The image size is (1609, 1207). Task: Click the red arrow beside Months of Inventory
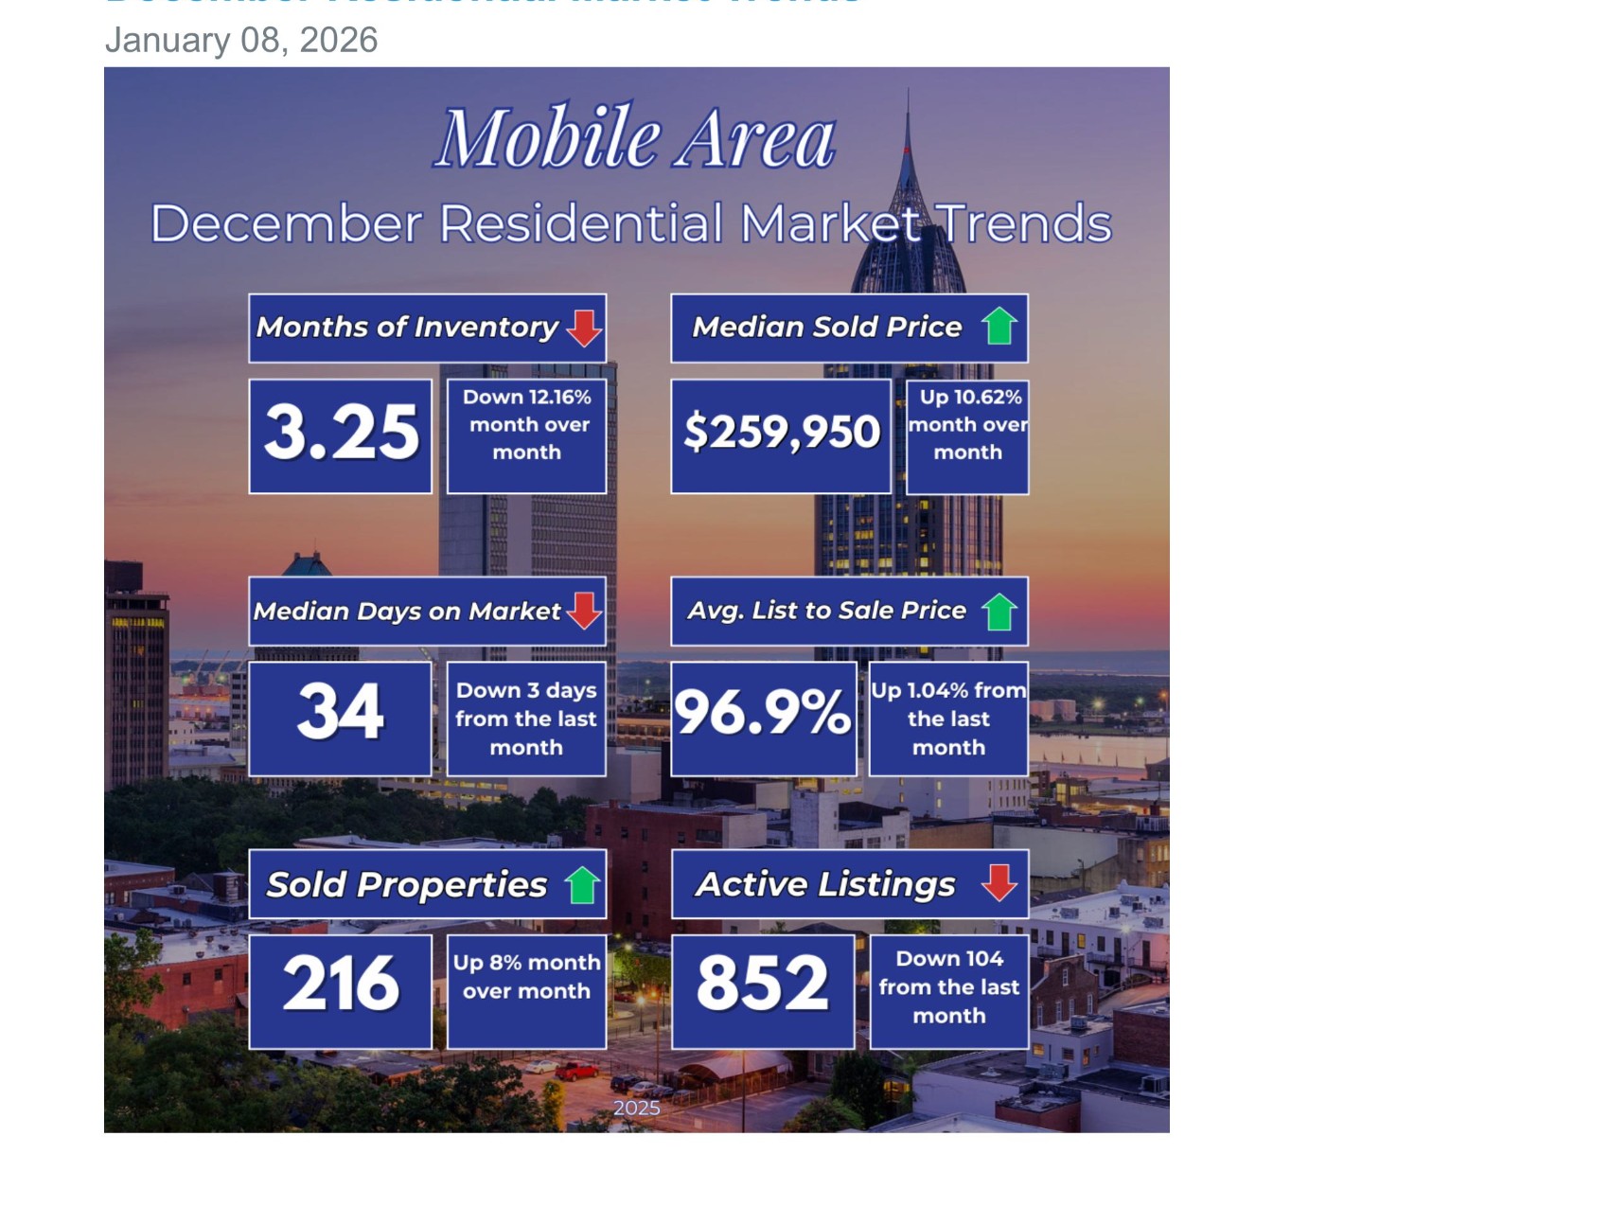point(584,328)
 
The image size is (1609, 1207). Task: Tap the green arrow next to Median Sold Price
point(999,327)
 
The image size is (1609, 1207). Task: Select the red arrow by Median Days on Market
point(584,611)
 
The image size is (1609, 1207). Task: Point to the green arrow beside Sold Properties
point(583,885)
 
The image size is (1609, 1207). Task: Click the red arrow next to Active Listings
point(999,882)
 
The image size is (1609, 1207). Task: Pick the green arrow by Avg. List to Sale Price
point(999,612)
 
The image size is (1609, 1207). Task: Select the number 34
point(341,713)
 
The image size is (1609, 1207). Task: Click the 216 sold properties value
point(341,985)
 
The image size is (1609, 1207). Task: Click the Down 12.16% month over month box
point(526,425)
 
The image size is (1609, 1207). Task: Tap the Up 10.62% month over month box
point(967,425)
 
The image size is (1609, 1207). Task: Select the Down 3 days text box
point(526,719)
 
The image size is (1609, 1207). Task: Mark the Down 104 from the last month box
point(949,987)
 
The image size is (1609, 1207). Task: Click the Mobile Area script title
point(635,138)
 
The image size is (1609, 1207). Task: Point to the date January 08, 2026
point(241,40)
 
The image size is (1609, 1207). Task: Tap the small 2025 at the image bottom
point(636,1108)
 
